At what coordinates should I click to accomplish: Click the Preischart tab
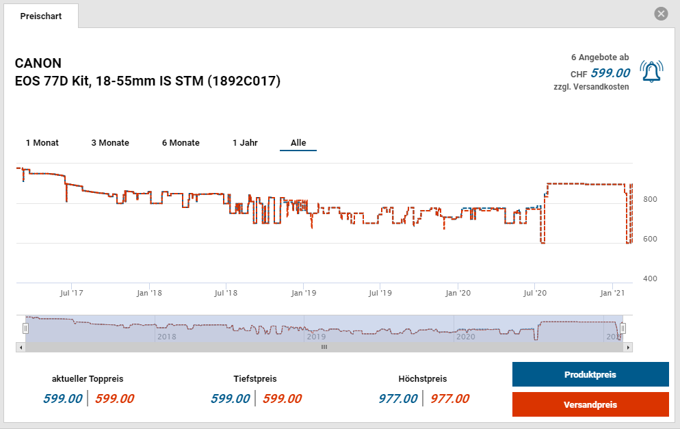pos(41,16)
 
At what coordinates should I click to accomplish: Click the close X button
pos(660,14)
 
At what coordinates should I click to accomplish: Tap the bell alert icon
pos(651,72)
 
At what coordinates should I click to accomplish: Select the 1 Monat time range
pos(42,143)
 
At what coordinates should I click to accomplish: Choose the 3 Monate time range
pos(110,143)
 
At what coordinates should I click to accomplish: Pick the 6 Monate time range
pos(181,143)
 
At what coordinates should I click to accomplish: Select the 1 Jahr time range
pos(245,143)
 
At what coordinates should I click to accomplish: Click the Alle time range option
pos(298,143)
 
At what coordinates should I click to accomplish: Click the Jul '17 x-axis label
pos(71,293)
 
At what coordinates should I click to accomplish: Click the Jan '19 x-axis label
pos(303,293)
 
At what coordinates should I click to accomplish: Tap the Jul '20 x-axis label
pos(534,293)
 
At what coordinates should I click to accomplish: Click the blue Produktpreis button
pos(590,375)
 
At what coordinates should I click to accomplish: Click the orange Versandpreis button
pos(590,404)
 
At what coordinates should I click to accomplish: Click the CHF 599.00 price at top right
pos(610,73)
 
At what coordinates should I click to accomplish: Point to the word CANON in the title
pos(38,64)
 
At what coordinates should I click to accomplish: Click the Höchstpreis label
pos(422,378)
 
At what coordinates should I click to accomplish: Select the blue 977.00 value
pos(397,399)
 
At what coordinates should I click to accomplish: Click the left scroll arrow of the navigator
pos(21,347)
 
